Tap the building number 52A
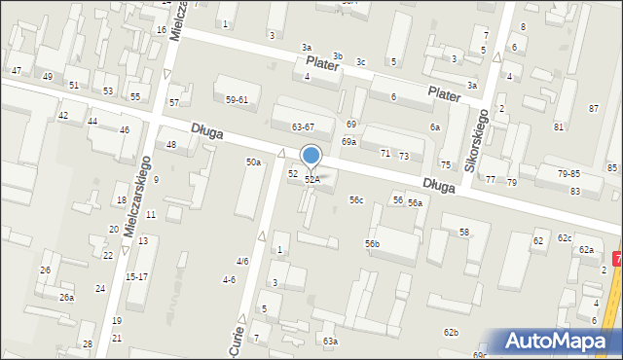312,179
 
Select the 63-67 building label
303,126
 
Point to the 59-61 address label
238,99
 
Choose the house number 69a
348,141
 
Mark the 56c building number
356,200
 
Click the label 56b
372,243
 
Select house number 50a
253,162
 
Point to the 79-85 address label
568,173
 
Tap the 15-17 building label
136,276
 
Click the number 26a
66,298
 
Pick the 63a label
331,341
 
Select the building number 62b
451,333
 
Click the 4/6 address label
242,261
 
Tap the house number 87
594,108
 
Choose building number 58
464,232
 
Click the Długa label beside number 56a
441,185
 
